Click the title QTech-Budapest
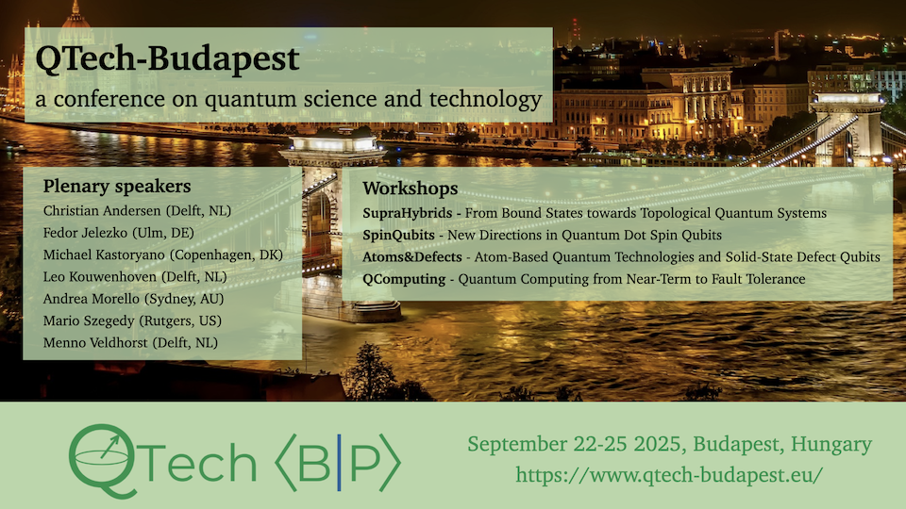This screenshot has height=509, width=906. point(168,58)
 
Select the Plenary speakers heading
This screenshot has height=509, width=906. point(117,187)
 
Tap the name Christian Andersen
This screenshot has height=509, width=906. point(102,210)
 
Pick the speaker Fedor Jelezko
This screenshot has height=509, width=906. point(86,233)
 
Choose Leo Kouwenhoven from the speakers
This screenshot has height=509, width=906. point(100,277)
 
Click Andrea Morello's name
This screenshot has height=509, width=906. point(92,299)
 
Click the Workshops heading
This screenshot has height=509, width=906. point(411,189)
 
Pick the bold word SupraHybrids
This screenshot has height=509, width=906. point(408,214)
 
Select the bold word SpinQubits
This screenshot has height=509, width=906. point(398,236)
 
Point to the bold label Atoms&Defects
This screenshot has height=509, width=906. point(412,256)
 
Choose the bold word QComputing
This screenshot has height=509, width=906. point(404,279)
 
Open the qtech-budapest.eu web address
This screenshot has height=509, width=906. point(669,475)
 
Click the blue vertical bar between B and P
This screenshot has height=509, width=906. point(339,462)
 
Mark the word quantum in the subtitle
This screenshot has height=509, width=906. point(251,100)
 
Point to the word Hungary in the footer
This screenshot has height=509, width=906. point(831,444)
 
